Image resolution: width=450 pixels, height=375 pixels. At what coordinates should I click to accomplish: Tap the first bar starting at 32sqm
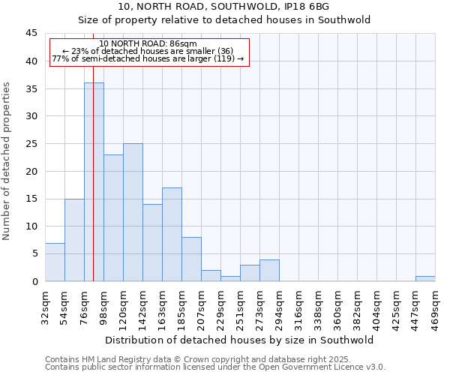pyautogui.click(x=55, y=262)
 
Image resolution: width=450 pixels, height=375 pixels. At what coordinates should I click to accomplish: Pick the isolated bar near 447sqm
pyautogui.click(x=425, y=278)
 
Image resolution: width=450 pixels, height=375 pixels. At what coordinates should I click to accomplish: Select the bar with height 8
pyautogui.click(x=191, y=259)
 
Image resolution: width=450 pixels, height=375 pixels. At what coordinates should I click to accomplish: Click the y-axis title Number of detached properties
pyautogui.click(x=7, y=161)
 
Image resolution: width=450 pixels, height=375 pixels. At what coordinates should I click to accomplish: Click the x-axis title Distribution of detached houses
pyautogui.click(x=239, y=340)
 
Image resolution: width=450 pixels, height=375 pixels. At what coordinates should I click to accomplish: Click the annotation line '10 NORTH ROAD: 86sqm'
pyautogui.click(x=148, y=44)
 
